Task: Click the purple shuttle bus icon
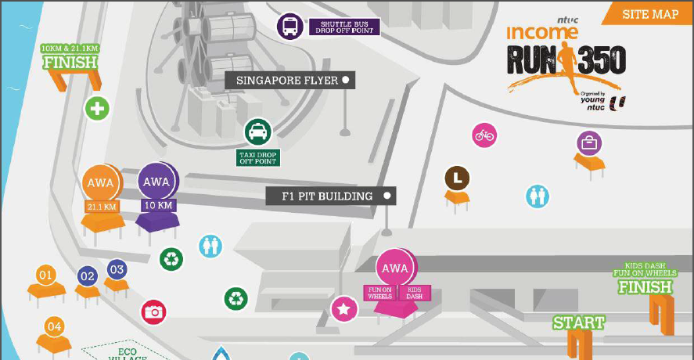pyautogui.click(x=289, y=27)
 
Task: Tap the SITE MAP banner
pyautogui.click(x=650, y=14)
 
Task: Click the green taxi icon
pyautogui.click(x=257, y=131)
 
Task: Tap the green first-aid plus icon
pyautogui.click(x=97, y=108)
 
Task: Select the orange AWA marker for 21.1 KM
pyautogui.click(x=101, y=183)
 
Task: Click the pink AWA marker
pyautogui.click(x=394, y=268)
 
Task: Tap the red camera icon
pyautogui.click(x=153, y=312)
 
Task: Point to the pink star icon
pyautogui.click(x=343, y=309)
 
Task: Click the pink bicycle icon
pyautogui.click(x=485, y=135)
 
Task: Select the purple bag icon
pyautogui.click(x=589, y=143)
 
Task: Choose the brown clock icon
pyautogui.click(x=458, y=178)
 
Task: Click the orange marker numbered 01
pyautogui.click(x=45, y=275)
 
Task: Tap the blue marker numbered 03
pyautogui.click(x=117, y=270)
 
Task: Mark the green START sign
pyautogui.click(x=579, y=322)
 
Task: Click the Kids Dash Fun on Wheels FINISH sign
pyautogui.click(x=645, y=280)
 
